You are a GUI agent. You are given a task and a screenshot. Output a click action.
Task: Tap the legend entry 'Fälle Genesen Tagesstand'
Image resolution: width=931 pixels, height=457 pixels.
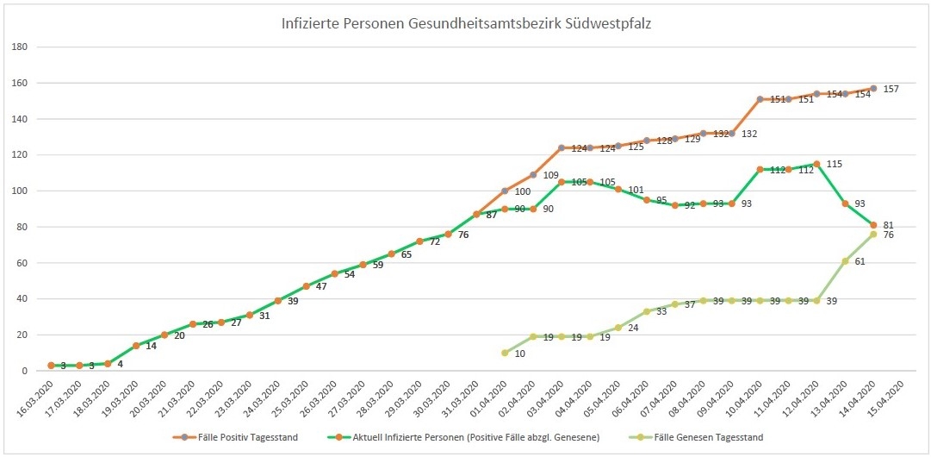[707, 437]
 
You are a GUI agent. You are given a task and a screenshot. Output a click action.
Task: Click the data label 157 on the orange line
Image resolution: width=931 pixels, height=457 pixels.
[891, 90]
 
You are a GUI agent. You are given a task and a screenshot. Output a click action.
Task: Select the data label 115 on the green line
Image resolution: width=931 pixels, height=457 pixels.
[835, 164]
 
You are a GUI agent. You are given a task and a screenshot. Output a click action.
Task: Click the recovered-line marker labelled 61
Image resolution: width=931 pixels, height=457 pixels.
[845, 260]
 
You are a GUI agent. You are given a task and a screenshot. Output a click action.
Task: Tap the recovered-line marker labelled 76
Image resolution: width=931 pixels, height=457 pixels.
[873, 234]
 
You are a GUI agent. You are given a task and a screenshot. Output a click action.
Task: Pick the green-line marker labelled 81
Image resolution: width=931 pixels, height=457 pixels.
[873, 225]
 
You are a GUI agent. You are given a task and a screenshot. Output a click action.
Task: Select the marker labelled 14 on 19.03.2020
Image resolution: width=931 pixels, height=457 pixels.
[136, 346]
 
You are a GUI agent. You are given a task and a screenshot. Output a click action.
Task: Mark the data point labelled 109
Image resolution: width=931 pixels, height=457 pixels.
[533, 175]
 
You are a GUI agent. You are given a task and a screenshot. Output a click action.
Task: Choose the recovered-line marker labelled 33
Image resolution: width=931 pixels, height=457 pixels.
[647, 311]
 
